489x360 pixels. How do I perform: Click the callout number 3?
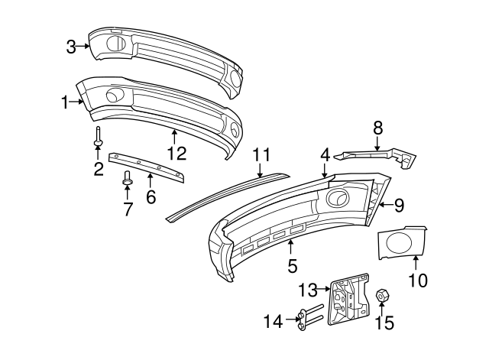(x=70, y=47)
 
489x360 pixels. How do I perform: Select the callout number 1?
(x=66, y=101)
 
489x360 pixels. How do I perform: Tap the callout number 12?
(x=176, y=152)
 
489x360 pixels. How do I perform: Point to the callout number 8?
(x=377, y=128)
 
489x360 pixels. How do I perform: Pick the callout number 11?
(x=262, y=155)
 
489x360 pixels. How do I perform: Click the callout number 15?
(x=384, y=323)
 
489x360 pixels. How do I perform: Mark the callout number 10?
(x=417, y=281)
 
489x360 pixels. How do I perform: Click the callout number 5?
(x=291, y=267)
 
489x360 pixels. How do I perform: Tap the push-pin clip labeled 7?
(x=128, y=180)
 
